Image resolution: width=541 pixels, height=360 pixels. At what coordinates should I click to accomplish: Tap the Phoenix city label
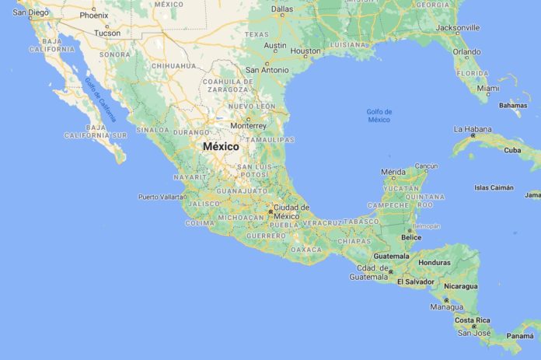[93, 15]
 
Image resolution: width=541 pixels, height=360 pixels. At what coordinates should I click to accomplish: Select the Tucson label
[107, 33]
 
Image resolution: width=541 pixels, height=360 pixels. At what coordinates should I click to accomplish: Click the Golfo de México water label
[379, 116]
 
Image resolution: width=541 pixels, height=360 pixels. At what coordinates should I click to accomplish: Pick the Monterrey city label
[249, 126]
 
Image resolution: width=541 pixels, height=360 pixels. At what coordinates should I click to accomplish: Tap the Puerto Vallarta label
[162, 197]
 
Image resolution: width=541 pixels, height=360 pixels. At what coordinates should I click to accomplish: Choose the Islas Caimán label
[494, 187]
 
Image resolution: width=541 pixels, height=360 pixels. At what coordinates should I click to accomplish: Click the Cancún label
[426, 166]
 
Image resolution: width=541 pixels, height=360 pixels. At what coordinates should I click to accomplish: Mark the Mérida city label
[393, 171]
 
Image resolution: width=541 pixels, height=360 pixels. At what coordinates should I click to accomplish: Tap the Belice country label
[412, 237]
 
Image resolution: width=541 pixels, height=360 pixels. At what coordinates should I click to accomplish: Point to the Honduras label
[434, 263]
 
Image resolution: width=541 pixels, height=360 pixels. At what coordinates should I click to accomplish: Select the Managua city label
[447, 307]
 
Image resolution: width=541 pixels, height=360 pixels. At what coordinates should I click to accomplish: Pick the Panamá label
[520, 336]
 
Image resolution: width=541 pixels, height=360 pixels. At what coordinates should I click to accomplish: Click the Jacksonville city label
[457, 26]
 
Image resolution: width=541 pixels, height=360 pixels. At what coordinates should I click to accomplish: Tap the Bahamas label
[513, 105]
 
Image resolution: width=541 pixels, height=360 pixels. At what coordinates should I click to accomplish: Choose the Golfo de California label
[101, 100]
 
